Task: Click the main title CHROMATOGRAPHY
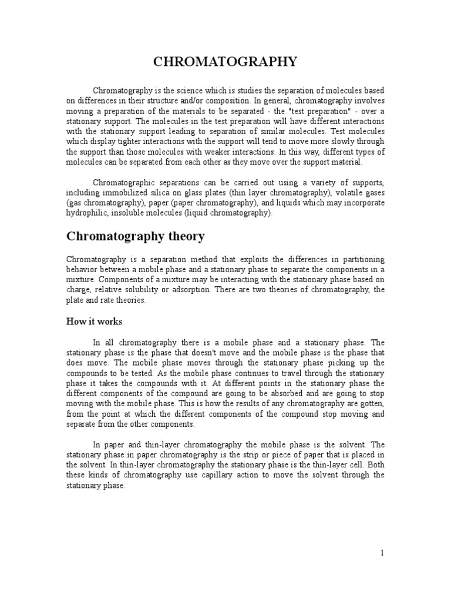[x=225, y=62]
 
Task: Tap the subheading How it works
[x=94, y=322]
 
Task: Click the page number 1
[x=382, y=553]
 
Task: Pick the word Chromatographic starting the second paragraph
[x=124, y=182]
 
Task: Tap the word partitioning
[x=360, y=259]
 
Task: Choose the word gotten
[x=371, y=404]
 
